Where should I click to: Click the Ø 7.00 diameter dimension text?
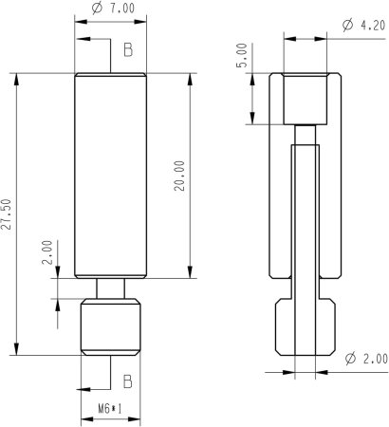(x=111, y=8)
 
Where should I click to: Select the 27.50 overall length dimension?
(x=8, y=215)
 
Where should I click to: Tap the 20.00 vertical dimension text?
(x=180, y=176)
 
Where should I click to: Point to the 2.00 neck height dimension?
(x=46, y=253)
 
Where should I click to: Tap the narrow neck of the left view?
(x=110, y=288)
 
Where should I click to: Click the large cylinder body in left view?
(x=110, y=176)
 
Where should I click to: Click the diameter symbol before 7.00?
(x=96, y=8)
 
